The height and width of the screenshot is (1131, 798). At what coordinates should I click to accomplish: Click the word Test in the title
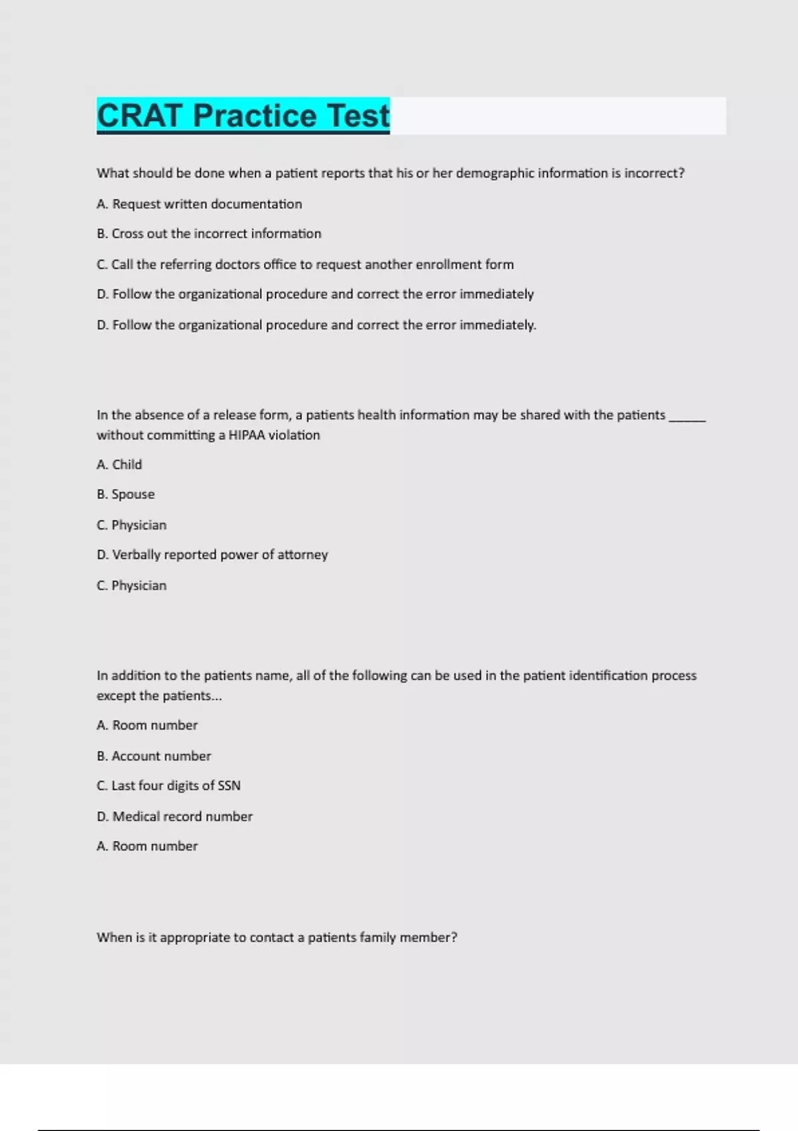(x=358, y=116)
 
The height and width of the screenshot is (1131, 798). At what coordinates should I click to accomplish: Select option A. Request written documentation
(x=199, y=204)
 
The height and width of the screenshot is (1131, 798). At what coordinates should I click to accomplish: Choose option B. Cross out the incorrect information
(x=209, y=234)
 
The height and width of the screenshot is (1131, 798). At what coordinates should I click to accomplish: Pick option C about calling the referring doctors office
(x=305, y=265)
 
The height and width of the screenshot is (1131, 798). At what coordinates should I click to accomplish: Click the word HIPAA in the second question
(x=247, y=435)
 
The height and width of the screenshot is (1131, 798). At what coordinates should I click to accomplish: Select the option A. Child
(x=120, y=465)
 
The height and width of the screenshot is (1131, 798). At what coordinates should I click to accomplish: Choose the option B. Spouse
(x=126, y=495)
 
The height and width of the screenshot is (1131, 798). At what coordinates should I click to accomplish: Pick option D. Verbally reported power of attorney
(x=212, y=555)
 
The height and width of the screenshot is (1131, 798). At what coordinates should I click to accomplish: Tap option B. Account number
(x=154, y=756)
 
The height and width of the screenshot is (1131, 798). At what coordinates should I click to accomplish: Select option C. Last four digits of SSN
(x=168, y=786)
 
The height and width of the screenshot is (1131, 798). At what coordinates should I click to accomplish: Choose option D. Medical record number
(x=174, y=816)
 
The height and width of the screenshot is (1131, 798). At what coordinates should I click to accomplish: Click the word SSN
(x=229, y=786)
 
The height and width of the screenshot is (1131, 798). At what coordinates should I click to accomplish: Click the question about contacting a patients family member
(x=277, y=937)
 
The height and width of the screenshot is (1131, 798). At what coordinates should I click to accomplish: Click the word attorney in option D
(x=303, y=555)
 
